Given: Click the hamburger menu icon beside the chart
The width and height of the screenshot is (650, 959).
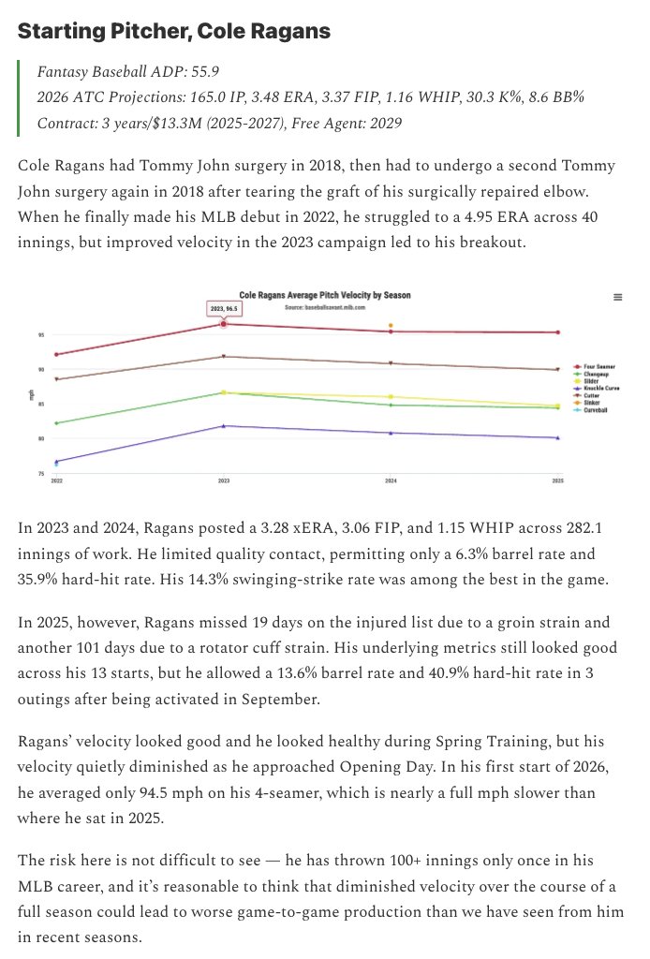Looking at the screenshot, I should click(617, 297).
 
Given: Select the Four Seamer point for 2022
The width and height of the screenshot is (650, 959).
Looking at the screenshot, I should click(57, 355).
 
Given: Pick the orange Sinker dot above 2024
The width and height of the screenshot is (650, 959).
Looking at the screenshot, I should click(391, 326).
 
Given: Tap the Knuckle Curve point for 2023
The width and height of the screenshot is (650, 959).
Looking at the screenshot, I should click(223, 426).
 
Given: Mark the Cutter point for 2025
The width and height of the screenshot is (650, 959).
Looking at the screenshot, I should click(558, 369).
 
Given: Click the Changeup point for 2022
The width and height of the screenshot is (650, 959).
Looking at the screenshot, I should click(57, 423).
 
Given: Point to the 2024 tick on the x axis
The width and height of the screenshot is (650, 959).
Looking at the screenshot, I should click(391, 479).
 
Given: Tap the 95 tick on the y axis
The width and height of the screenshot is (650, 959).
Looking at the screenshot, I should click(41, 334).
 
